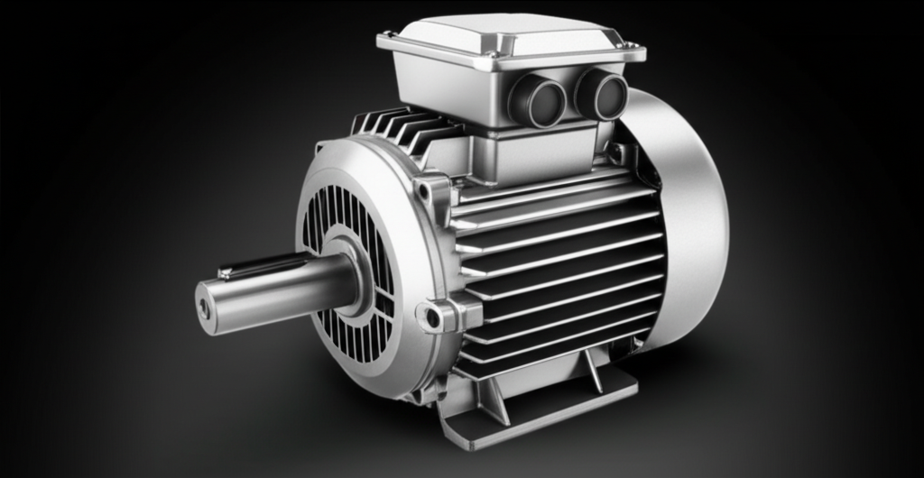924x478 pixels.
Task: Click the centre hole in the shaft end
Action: pyautogui.click(x=204, y=308)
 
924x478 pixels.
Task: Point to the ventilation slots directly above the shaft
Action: pyautogui.click(x=334, y=216)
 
